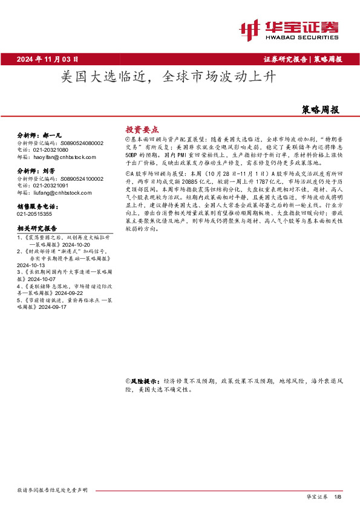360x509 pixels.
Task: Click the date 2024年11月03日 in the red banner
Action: [48, 59]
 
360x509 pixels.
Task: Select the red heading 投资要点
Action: [142, 129]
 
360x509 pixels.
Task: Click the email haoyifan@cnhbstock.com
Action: [62, 156]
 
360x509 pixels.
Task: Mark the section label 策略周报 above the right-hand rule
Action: [320, 110]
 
